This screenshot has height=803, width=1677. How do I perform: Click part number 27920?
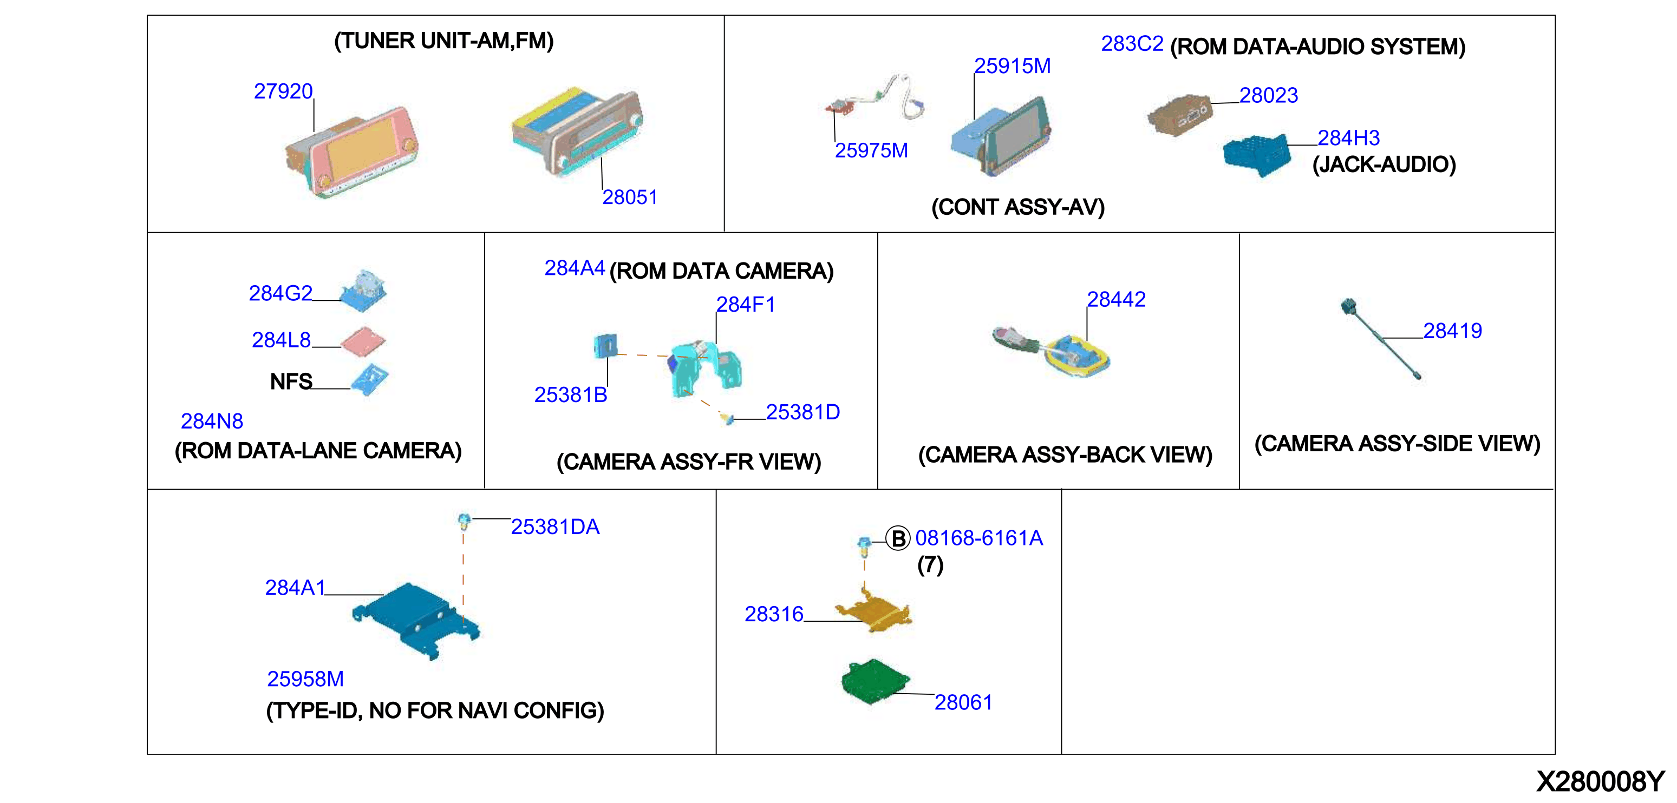point(283,91)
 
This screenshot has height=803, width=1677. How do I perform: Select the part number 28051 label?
point(630,197)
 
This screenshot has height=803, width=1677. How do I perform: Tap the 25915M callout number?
point(1013,65)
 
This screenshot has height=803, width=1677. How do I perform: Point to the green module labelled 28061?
point(875,681)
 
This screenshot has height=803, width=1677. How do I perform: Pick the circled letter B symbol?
point(898,538)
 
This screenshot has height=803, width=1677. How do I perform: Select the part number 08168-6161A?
point(979,538)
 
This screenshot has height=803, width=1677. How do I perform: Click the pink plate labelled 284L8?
point(363,341)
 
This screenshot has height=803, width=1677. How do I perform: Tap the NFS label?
point(291,381)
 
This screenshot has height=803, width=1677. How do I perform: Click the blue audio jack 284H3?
point(1256,155)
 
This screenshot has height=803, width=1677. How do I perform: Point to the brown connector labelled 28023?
point(1179,115)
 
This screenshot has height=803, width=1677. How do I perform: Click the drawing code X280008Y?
point(1600,781)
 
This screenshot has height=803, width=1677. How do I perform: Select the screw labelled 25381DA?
point(464,521)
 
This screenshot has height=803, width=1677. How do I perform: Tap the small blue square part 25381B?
point(605,346)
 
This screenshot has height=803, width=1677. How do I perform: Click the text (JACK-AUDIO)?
point(1384,164)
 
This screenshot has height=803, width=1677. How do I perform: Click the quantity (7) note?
point(930,564)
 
